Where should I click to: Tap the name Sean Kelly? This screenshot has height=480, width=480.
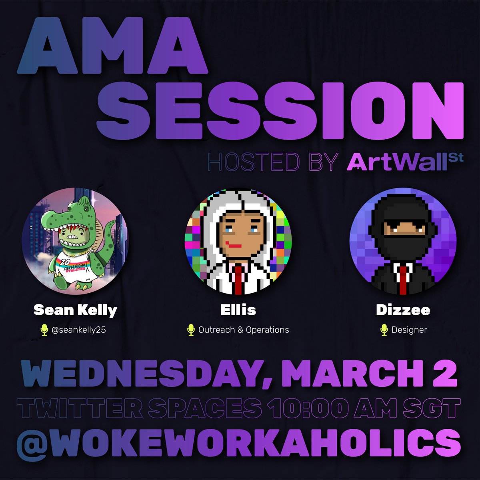pos(75,310)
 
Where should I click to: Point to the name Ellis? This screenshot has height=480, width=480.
pos(238,310)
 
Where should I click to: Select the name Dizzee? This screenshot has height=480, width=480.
pos(403,310)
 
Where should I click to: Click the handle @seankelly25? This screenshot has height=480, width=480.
pos(79,330)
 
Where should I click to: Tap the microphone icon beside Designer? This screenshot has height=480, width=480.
pos(384,330)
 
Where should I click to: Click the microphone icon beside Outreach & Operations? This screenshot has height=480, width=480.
pos(191,330)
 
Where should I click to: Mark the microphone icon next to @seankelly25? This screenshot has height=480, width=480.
pos(44,330)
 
